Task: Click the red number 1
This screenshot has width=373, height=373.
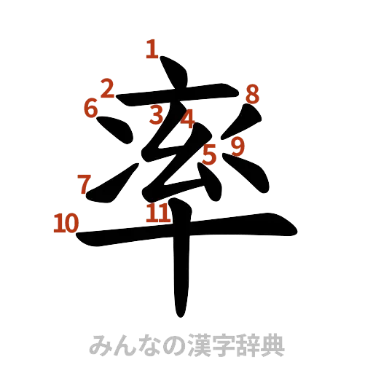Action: click(x=152, y=50)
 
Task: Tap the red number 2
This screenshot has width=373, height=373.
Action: click(x=107, y=89)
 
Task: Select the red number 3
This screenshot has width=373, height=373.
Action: click(x=155, y=114)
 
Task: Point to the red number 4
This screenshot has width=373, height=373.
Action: click(x=187, y=118)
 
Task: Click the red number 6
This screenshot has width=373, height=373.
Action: click(x=90, y=109)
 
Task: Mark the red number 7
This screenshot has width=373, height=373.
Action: click(x=85, y=184)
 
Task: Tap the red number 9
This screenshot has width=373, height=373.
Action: click(x=237, y=146)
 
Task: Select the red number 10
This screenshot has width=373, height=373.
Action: click(x=65, y=222)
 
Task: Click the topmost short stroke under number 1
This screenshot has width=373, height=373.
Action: click(x=173, y=77)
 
